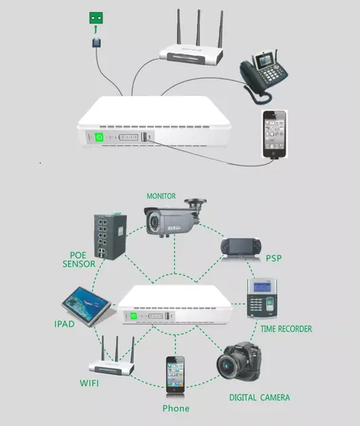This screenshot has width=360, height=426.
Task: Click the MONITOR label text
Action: coord(165,196)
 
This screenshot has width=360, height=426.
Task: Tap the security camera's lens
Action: coord(155,221)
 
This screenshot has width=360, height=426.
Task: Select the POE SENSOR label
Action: coord(79,260)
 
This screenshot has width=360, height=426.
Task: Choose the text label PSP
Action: coord(274,258)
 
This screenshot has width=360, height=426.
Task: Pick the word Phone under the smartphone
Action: coord(176,408)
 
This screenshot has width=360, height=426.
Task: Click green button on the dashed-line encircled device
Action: coord(134,314)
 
